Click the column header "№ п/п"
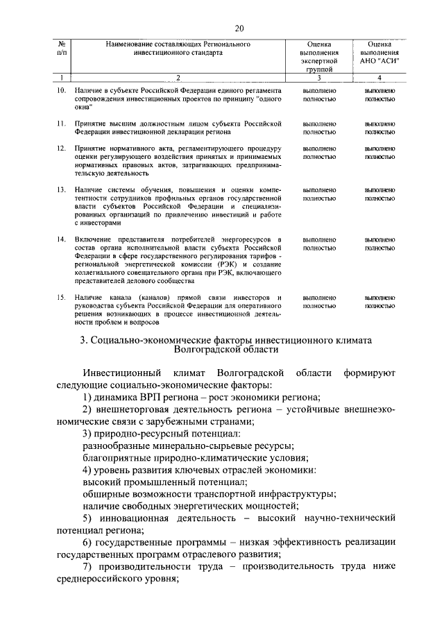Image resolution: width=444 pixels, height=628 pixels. (62, 48)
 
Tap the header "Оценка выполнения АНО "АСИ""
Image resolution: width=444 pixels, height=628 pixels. (379, 52)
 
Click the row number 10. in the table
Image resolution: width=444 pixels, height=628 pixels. (60, 90)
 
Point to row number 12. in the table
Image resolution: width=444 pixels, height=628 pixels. (60, 148)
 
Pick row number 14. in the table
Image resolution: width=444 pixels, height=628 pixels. (60, 238)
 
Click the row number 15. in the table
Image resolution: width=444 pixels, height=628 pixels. (60, 296)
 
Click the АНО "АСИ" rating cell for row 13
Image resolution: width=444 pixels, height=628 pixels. (379, 194)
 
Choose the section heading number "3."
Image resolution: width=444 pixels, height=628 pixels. (84, 340)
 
